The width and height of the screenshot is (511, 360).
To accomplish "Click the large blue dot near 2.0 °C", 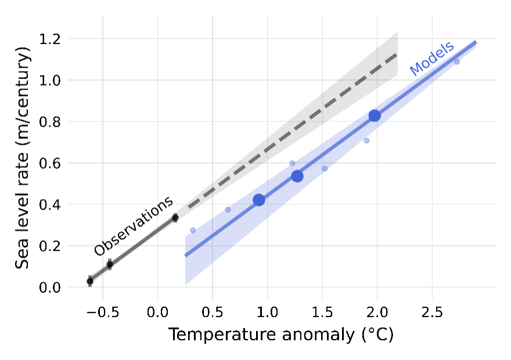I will click(x=375, y=116).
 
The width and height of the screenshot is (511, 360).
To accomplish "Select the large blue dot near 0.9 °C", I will click(x=259, y=200).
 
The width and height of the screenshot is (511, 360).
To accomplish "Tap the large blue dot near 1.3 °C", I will click(x=297, y=176).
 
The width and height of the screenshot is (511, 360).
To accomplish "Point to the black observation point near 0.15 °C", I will click(x=175, y=218).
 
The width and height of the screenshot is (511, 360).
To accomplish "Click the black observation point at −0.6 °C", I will click(x=90, y=281).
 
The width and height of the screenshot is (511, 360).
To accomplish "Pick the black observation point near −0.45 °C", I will click(x=109, y=265).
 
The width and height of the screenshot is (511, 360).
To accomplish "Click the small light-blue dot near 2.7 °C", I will click(x=457, y=62).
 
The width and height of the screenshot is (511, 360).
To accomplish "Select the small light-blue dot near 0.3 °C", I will click(x=193, y=231).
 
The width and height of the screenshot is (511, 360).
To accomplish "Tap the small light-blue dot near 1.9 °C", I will click(x=366, y=141).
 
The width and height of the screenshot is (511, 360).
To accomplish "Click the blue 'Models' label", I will click(x=431, y=59).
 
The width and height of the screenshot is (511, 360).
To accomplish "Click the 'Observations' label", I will click(x=134, y=226).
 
